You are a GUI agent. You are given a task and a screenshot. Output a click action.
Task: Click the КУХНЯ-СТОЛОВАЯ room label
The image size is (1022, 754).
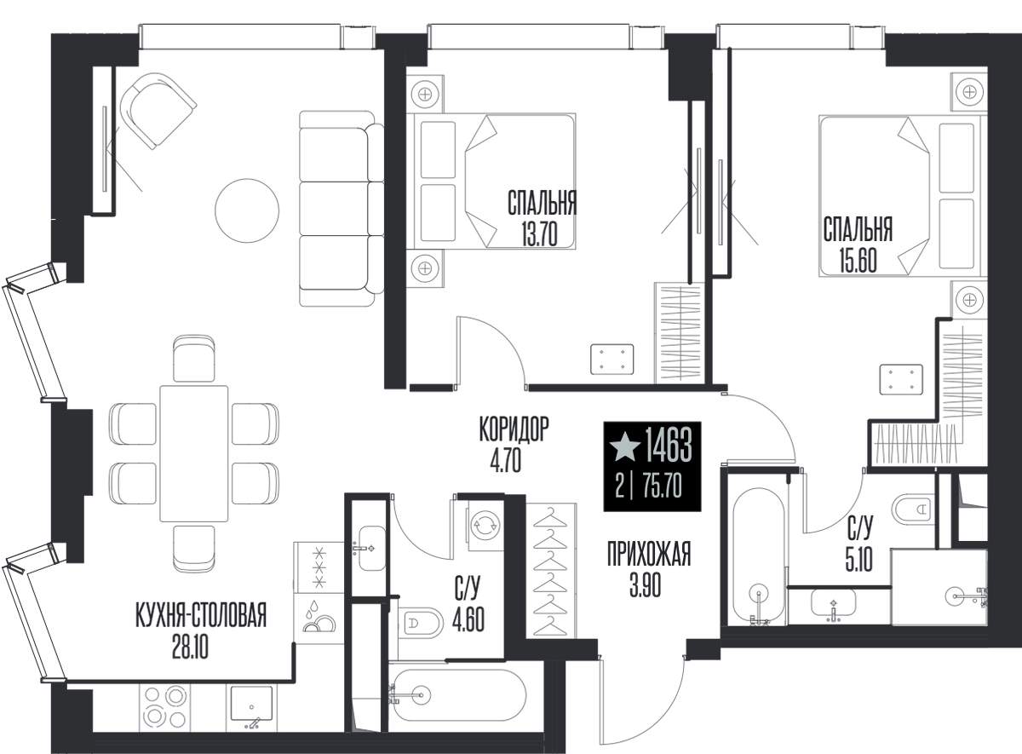[201, 615]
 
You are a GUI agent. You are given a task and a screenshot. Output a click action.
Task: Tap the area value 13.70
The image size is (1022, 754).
[540, 235]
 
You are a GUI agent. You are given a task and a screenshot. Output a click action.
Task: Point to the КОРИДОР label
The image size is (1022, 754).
[514, 429]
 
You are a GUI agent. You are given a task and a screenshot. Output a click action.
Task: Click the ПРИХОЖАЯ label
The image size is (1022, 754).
[649, 553]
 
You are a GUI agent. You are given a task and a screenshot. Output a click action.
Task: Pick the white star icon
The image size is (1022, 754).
[625, 447]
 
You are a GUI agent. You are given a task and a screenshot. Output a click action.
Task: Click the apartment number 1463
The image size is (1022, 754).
[668, 446]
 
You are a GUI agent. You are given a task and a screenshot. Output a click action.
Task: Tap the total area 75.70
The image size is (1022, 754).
[662, 486]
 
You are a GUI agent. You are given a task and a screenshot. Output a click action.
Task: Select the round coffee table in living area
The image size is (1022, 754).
[247, 210]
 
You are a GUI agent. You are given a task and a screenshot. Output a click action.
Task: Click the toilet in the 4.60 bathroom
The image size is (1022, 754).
[420, 622]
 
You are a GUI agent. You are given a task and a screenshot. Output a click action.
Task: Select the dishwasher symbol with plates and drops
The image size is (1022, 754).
[319, 618]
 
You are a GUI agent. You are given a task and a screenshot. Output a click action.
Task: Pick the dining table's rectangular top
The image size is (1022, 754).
[194, 453]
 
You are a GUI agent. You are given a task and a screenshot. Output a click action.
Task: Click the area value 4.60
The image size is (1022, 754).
[468, 619]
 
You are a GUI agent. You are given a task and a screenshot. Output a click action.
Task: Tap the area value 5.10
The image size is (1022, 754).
[859, 560]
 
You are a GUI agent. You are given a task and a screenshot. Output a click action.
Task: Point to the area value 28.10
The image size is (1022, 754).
[190, 647]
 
